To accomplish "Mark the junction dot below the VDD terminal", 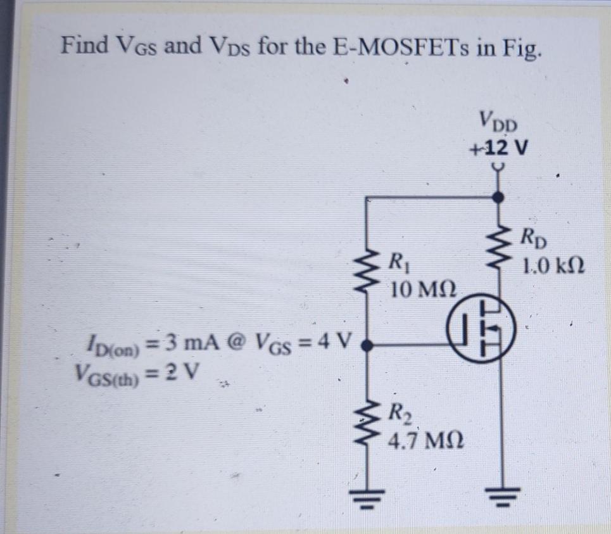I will point(499,198).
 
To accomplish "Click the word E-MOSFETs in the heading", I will point(396,47).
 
